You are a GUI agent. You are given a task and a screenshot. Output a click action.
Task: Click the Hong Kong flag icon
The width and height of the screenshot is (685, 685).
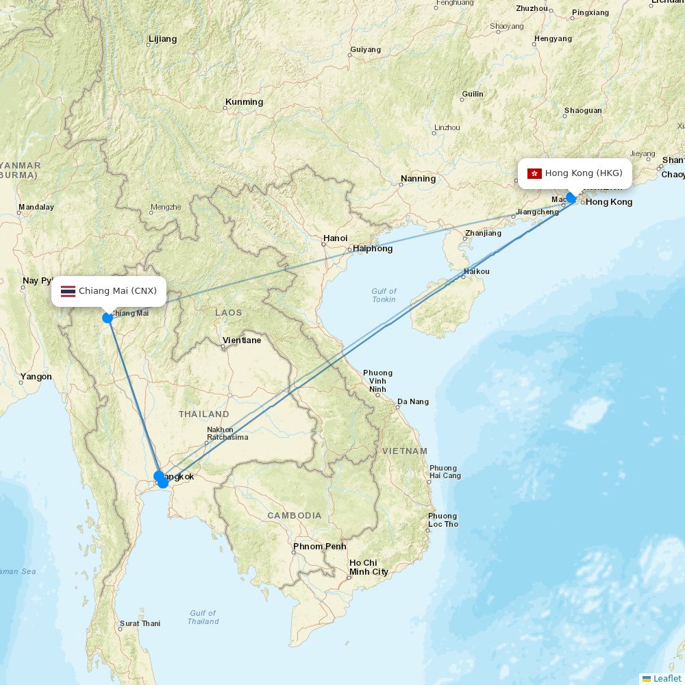[534, 173]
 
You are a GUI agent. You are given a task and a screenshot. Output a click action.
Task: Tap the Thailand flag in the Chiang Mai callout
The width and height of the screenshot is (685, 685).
[68, 291]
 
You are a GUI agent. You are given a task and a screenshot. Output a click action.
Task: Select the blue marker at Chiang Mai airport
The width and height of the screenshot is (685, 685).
[108, 318]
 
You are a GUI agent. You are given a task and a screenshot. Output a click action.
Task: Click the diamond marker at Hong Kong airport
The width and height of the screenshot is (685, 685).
[571, 198]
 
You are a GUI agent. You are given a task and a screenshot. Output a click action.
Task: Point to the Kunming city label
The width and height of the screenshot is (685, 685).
[244, 102]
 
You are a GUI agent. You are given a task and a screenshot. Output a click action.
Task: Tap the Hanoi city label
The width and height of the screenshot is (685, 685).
[335, 238]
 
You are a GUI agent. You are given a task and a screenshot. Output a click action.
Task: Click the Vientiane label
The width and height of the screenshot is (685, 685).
[241, 340]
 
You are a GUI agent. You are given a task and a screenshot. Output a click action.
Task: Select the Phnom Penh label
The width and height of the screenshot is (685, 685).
[319, 547]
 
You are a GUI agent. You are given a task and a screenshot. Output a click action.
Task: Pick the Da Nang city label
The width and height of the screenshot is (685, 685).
[413, 401]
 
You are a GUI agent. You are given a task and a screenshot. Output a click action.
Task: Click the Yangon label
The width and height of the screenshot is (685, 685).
[36, 377]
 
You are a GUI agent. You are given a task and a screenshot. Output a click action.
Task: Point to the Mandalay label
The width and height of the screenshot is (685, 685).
[36, 207]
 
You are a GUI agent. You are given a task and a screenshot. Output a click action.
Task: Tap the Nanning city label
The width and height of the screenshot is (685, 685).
[418, 179]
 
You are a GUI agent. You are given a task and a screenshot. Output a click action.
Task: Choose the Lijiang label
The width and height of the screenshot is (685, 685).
[162, 39]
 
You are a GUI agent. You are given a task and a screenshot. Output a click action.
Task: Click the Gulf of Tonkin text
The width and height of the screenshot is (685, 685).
[384, 295]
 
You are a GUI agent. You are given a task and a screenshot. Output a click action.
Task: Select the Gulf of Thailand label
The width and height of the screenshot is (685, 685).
[203, 617]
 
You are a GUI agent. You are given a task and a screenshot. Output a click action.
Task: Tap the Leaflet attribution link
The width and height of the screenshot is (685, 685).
[667, 678]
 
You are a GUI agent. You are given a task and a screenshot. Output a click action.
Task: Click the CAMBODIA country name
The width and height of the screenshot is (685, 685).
[295, 516]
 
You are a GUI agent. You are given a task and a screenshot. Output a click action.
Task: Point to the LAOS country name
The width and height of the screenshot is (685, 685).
[228, 313]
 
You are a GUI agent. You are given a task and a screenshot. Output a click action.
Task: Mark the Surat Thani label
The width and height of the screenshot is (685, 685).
[140, 624]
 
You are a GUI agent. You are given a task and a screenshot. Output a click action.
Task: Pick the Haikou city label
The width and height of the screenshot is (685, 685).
[477, 271]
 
